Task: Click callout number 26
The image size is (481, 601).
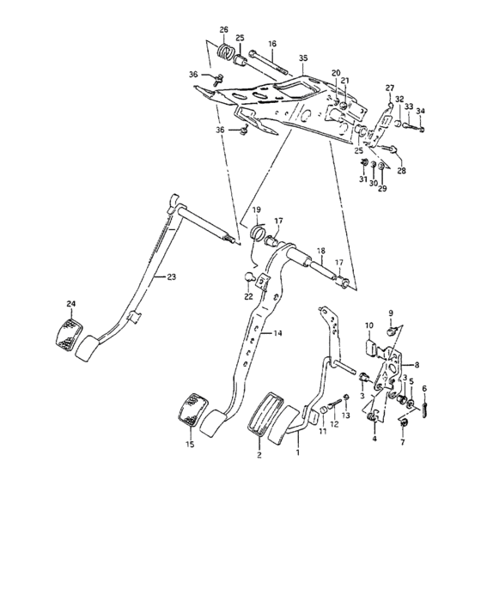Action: click(x=224, y=31)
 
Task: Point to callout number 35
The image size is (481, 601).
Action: click(x=302, y=58)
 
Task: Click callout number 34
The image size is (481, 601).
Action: click(x=420, y=111)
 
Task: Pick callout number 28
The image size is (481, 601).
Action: click(x=400, y=171)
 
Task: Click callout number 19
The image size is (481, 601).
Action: click(x=257, y=210)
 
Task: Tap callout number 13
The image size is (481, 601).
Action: click(x=346, y=416)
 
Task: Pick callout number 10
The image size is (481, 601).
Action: click(x=369, y=325)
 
